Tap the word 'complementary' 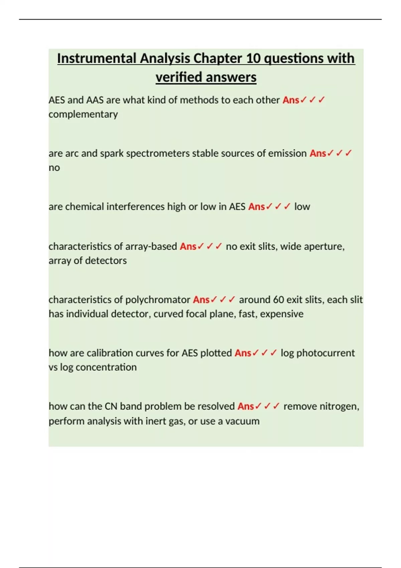click(x=83, y=114)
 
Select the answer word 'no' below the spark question click(x=54, y=168)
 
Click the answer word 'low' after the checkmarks click(x=302, y=207)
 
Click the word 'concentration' click(x=106, y=367)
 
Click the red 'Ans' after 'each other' click(x=291, y=100)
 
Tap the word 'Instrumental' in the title click(x=97, y=58)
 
